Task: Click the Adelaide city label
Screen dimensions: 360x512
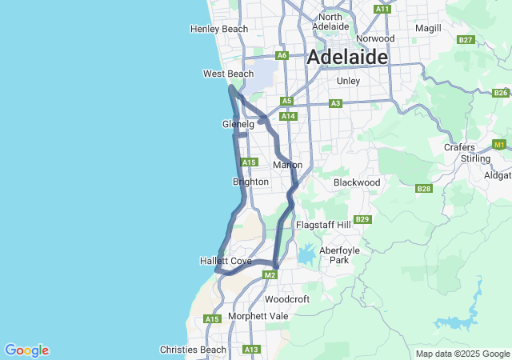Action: pos(347,58)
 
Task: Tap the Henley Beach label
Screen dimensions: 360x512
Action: pos(219,30)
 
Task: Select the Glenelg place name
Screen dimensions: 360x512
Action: pos(238,125)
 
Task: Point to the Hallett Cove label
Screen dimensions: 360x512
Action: pos(226,262)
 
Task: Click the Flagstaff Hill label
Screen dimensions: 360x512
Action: pos(323,226)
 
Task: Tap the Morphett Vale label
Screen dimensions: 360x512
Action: pos(258,315)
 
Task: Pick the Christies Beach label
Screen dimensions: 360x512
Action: pos(193,350)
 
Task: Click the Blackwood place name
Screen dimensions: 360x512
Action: pos(357,182)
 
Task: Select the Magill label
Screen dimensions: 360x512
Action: pos(429,29)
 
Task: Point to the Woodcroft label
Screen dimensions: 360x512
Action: pos(286,299)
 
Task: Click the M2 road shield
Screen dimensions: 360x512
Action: pos(270,276)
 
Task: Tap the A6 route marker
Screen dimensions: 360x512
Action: pos(282,55)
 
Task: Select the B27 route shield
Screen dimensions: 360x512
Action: pos(466,40)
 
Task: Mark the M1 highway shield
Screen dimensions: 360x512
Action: pos(500,145)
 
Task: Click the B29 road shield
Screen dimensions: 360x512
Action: pos(362,219)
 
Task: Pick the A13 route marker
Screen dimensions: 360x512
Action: pos(252,350)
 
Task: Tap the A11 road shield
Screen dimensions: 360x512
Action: pos(382,9)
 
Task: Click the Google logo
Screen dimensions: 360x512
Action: pos(26,350)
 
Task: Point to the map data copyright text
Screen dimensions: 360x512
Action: pos(462,354)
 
